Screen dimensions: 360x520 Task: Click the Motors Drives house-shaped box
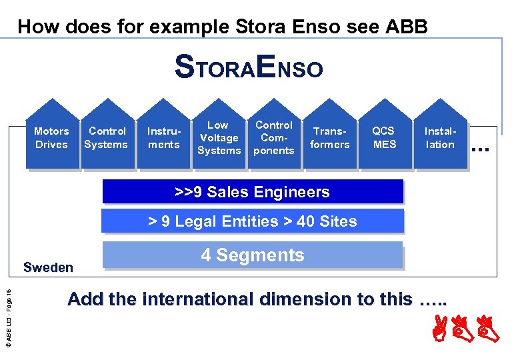coord(52,137)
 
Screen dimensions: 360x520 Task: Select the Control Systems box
coord(107,137)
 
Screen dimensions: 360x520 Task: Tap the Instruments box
coord(163,137)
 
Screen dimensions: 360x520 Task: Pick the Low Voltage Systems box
coord(219,137)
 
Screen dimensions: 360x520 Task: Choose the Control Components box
coord(274,137)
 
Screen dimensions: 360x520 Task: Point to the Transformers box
coord(331,137)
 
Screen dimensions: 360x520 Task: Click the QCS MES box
coord(384,137)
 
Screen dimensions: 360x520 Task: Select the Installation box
coord(440,137)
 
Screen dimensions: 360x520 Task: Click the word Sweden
coord(48,268)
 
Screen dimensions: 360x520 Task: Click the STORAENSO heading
coord(249,67)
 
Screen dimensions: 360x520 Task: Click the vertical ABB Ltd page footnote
coord(8,314)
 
